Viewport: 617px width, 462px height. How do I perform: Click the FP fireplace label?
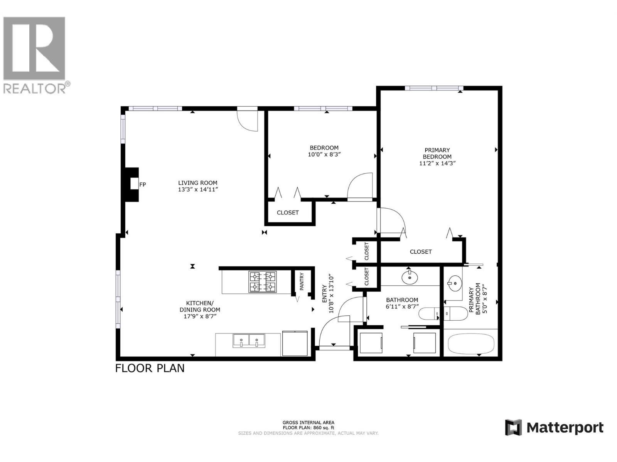[142, 184]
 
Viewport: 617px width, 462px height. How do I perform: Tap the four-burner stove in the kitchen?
[262, 282]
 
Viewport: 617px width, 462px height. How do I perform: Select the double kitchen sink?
[249, 341]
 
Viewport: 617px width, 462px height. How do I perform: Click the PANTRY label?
[302, 281]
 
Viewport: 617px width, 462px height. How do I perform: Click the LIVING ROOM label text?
[197, 183]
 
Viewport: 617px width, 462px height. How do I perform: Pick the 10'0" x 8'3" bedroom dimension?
[324, 154]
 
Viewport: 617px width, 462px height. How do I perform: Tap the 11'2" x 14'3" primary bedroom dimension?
[437, 163]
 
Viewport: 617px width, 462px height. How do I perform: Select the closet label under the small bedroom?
[288, 213]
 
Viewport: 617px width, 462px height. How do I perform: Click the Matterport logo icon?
[513, 427]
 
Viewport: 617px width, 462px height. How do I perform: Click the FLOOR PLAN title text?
[150, 368]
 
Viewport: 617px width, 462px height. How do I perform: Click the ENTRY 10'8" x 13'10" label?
[327, 294]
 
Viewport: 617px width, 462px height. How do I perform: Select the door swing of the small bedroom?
[359, 186]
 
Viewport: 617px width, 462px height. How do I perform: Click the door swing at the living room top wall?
[247, 120]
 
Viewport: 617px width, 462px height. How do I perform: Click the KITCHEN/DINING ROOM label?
[200, 306]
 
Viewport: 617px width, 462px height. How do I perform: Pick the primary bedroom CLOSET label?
[420, 252]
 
